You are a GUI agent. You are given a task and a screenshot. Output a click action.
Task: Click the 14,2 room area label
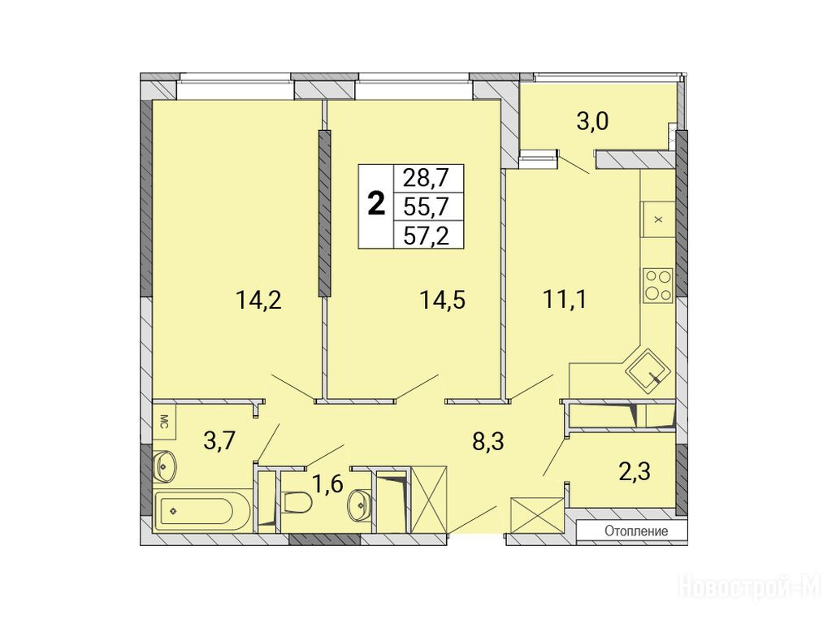coord(258,301)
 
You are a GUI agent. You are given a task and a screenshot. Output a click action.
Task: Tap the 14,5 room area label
coord(443,301)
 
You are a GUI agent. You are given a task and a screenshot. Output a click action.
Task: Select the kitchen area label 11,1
coord(565,300)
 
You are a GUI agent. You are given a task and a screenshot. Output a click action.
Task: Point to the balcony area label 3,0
coord(592,122)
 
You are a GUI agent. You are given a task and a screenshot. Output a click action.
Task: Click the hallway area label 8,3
coord(488,441)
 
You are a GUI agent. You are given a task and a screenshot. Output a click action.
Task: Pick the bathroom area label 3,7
coord(219,440)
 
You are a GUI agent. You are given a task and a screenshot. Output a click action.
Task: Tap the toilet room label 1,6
coord(328,484)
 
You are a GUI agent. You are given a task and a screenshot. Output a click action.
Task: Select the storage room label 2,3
coord(635,470)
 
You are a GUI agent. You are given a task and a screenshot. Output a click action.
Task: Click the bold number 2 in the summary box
coord(376,204)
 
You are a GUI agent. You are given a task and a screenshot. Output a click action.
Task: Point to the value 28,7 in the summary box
coord(426,178)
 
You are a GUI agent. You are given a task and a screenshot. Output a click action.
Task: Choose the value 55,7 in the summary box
coord(426,206)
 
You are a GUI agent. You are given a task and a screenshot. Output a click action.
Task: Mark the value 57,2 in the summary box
coord(426,235)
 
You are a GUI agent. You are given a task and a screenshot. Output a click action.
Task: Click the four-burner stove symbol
coord(658,285)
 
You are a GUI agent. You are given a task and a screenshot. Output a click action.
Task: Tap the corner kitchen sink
coord(648,370)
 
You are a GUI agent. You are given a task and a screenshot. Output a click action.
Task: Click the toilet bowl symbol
coord(296,502)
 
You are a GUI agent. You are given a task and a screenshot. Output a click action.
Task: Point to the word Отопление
coord(636,531)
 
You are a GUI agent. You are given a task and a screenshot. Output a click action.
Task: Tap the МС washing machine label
coord(163,421)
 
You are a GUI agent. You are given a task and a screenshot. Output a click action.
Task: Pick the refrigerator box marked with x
coord(658,219)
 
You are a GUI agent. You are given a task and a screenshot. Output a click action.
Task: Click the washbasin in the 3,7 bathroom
coord(166,466)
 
